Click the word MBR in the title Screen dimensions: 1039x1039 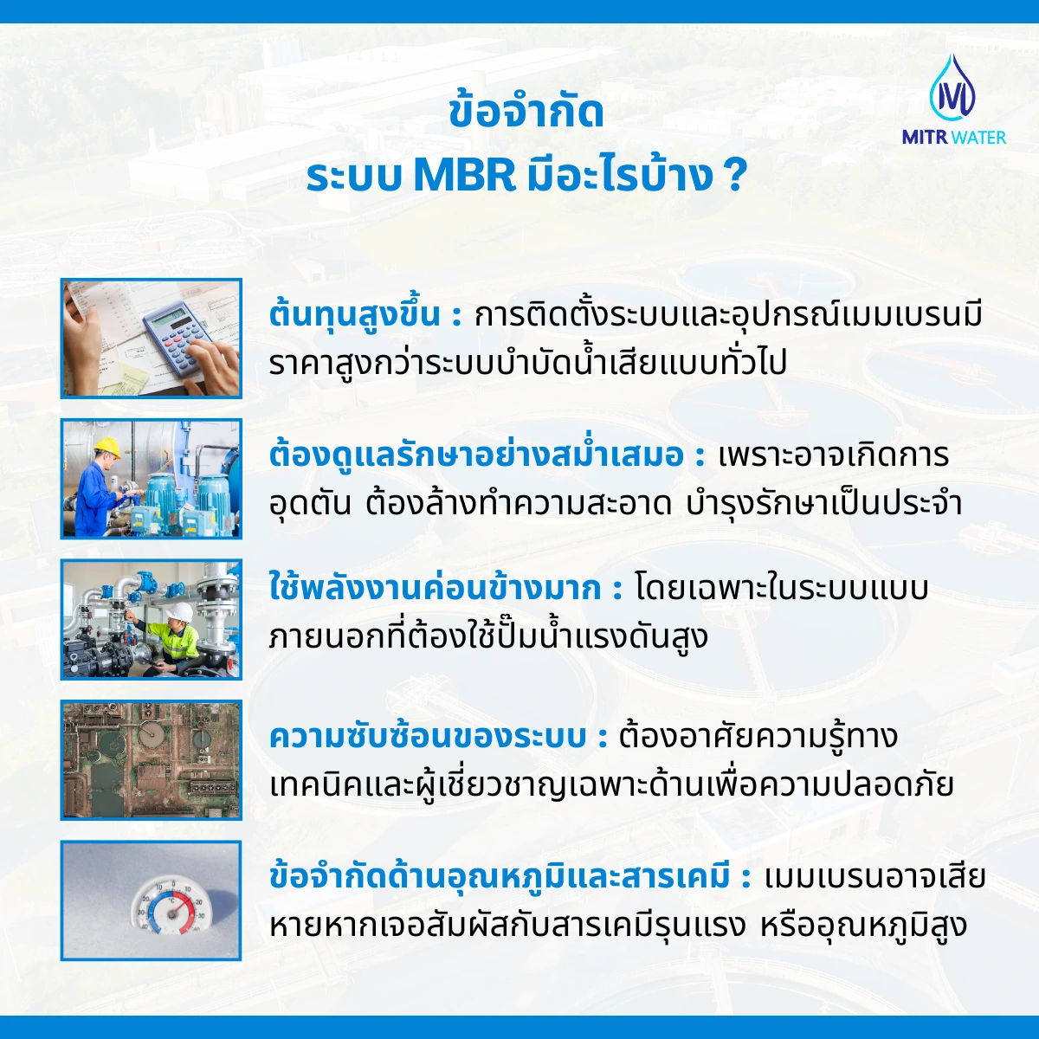464,176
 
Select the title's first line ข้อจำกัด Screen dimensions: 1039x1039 526,114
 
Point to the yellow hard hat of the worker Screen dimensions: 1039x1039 106,446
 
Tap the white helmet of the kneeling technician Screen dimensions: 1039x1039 179,612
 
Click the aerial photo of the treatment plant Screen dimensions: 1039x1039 152,760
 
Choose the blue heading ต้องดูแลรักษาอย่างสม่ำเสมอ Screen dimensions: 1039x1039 476,455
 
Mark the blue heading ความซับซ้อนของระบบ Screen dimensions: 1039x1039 428,737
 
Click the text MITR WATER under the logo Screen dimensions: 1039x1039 953,137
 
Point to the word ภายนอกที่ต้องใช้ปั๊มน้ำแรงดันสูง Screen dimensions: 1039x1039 488,637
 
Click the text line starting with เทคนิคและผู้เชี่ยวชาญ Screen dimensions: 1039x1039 611,785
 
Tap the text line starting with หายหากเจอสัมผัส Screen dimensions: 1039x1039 617,926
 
